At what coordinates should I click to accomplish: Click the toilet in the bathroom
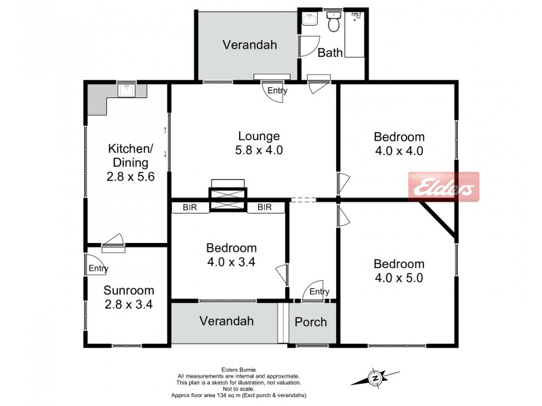click(x=333, y=22)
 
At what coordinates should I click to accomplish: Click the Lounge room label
click(x=259, y=136)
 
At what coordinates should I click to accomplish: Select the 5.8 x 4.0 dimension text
click(x=259, y=150)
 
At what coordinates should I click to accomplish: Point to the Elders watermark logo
click(x=444, y=187)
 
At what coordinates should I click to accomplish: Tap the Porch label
click(x=311, y=322)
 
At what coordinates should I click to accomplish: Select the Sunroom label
click(x=129, y=290)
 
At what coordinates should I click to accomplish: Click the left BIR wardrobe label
click(x=190, y=207)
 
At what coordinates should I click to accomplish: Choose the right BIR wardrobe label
click(x=264, y=207)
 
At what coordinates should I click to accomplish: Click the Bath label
click(x=330, y=53)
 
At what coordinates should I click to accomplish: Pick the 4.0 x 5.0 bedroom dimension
click(x=399, y=278)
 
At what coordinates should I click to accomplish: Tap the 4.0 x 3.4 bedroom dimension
click(x=231, y=262)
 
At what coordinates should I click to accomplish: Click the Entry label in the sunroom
click(x=98, y=268)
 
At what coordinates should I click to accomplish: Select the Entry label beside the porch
click(x=319, y=292)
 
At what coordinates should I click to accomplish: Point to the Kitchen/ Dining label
click(x=131, y=156)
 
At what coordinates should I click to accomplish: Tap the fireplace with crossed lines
click(x=228, y=199)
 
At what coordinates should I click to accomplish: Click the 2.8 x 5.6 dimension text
click(x=130, y=177)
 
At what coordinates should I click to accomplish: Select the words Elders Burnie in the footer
click(x=238, y=370)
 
